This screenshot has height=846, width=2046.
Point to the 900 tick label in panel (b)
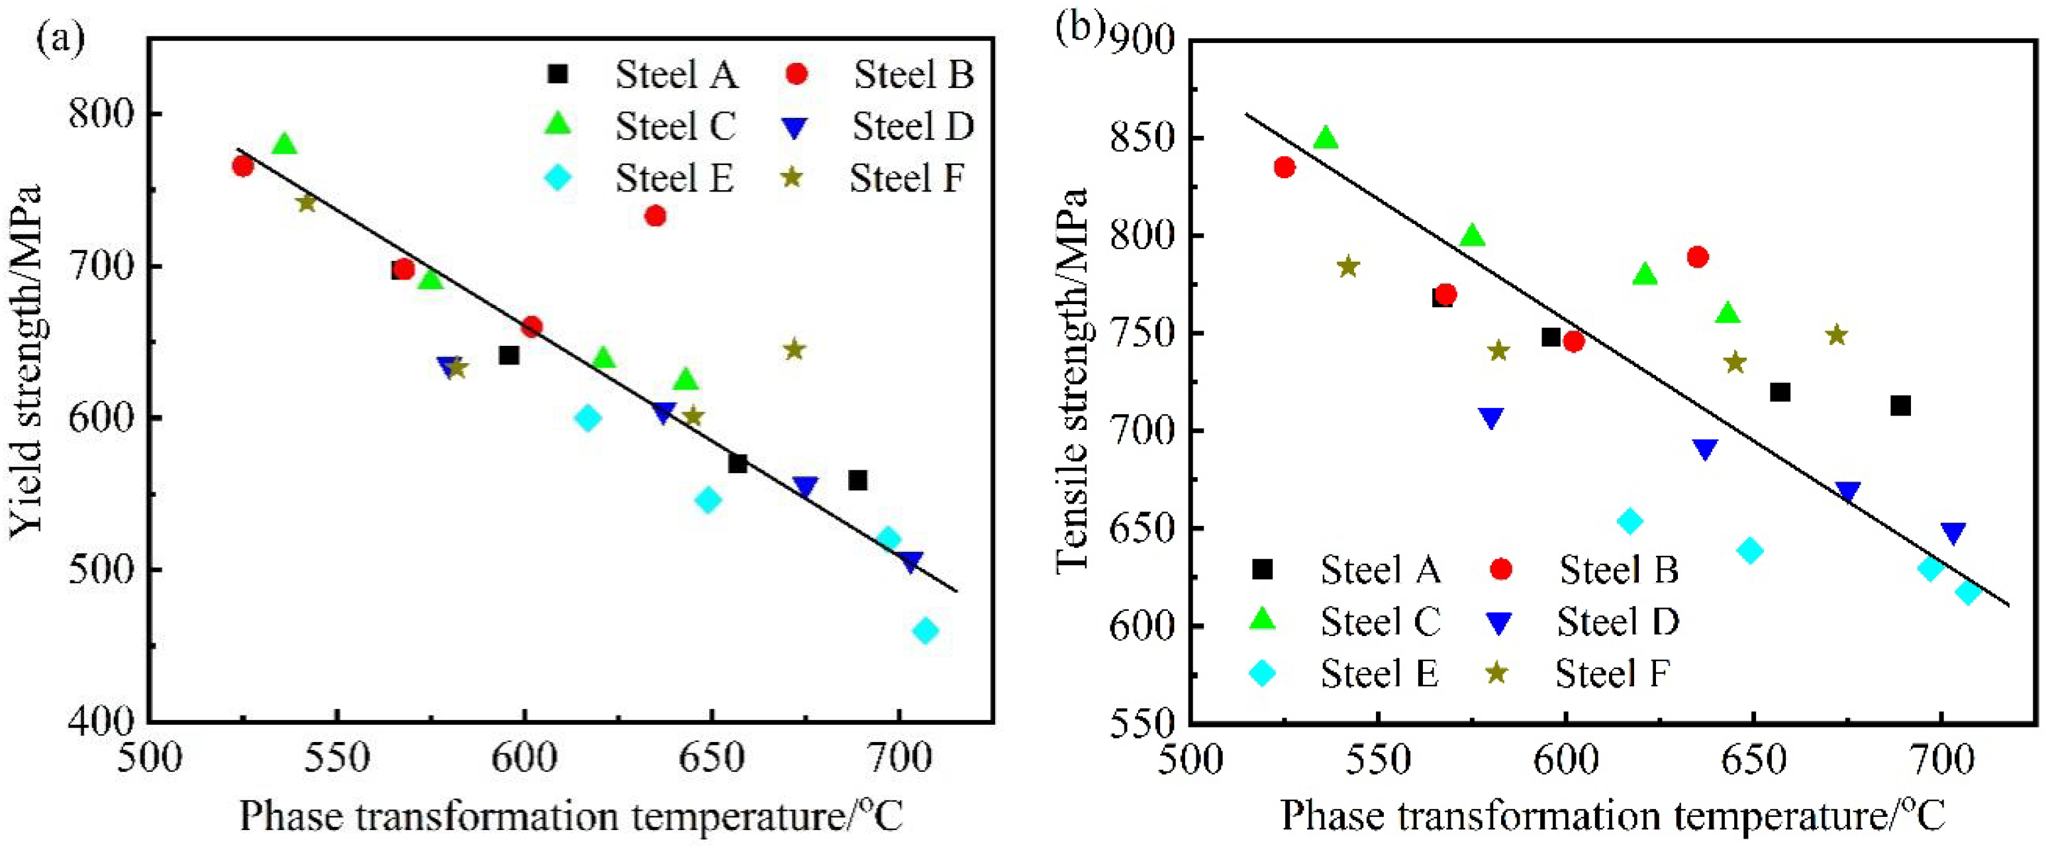tap(1144, 40)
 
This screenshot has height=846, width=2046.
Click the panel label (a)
tap(60, 40)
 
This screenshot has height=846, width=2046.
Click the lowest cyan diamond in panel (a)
tap(925, 631)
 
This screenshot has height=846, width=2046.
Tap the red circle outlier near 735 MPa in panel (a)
tap(656, 216)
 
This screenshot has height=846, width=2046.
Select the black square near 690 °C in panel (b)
tap(1900, 406)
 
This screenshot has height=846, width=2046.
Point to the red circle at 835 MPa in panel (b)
tap(1285, 168)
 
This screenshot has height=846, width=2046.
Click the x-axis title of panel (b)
tap(1612, 816)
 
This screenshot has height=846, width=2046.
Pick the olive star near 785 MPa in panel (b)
tap(1349, 266)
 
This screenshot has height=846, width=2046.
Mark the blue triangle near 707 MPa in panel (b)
tap(1491, 419)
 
